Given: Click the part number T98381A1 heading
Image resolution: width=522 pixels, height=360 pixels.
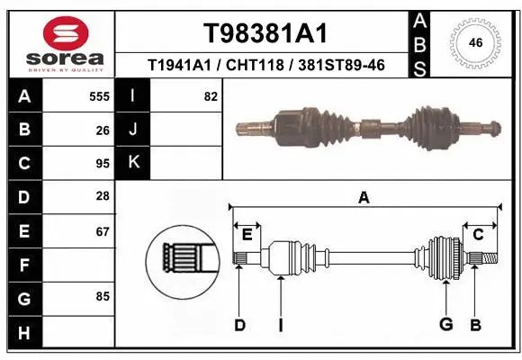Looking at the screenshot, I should point(265,33).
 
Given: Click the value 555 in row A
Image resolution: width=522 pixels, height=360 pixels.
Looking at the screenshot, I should point(99,96).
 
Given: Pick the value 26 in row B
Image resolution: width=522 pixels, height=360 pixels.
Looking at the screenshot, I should point(103,130).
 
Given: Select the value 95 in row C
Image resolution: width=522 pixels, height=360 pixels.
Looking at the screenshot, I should point(103,164).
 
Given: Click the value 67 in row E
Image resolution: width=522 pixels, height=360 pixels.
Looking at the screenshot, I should point(103,231).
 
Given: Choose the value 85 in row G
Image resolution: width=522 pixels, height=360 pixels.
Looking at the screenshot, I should point(103,295).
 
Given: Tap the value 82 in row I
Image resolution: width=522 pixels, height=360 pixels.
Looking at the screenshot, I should point(211,96).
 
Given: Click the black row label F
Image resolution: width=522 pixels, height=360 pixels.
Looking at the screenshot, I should point(23,265).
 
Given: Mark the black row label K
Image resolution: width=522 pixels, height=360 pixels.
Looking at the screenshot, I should point(133,163).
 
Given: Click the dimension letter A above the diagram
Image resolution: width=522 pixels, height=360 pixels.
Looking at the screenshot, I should point(364,198).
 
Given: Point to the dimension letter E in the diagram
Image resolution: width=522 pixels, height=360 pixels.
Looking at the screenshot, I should point(247,235).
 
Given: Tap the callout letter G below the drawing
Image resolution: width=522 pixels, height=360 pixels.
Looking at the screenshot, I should point(445,325).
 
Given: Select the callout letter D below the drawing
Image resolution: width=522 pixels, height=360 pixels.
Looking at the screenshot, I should point(239,325).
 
